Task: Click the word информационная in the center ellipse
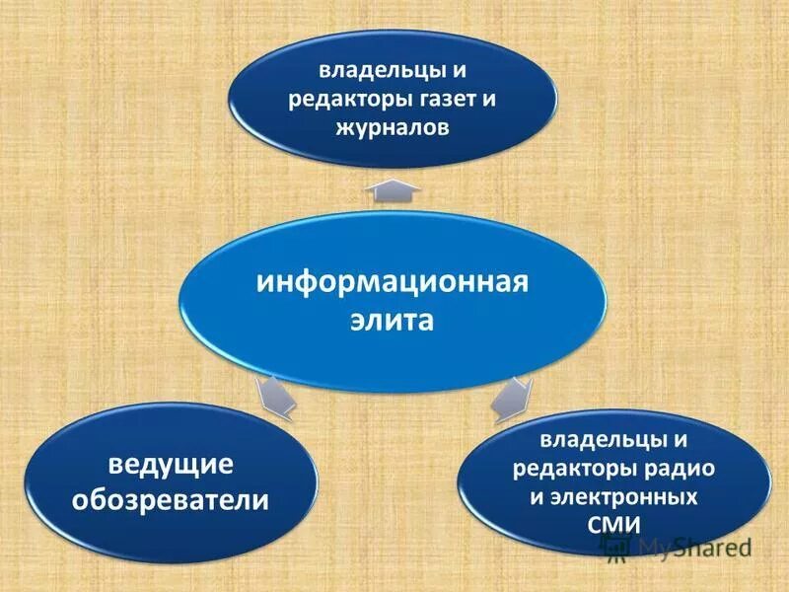393,283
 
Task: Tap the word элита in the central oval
393,323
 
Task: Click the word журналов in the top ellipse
392,127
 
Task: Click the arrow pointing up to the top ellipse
393,188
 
